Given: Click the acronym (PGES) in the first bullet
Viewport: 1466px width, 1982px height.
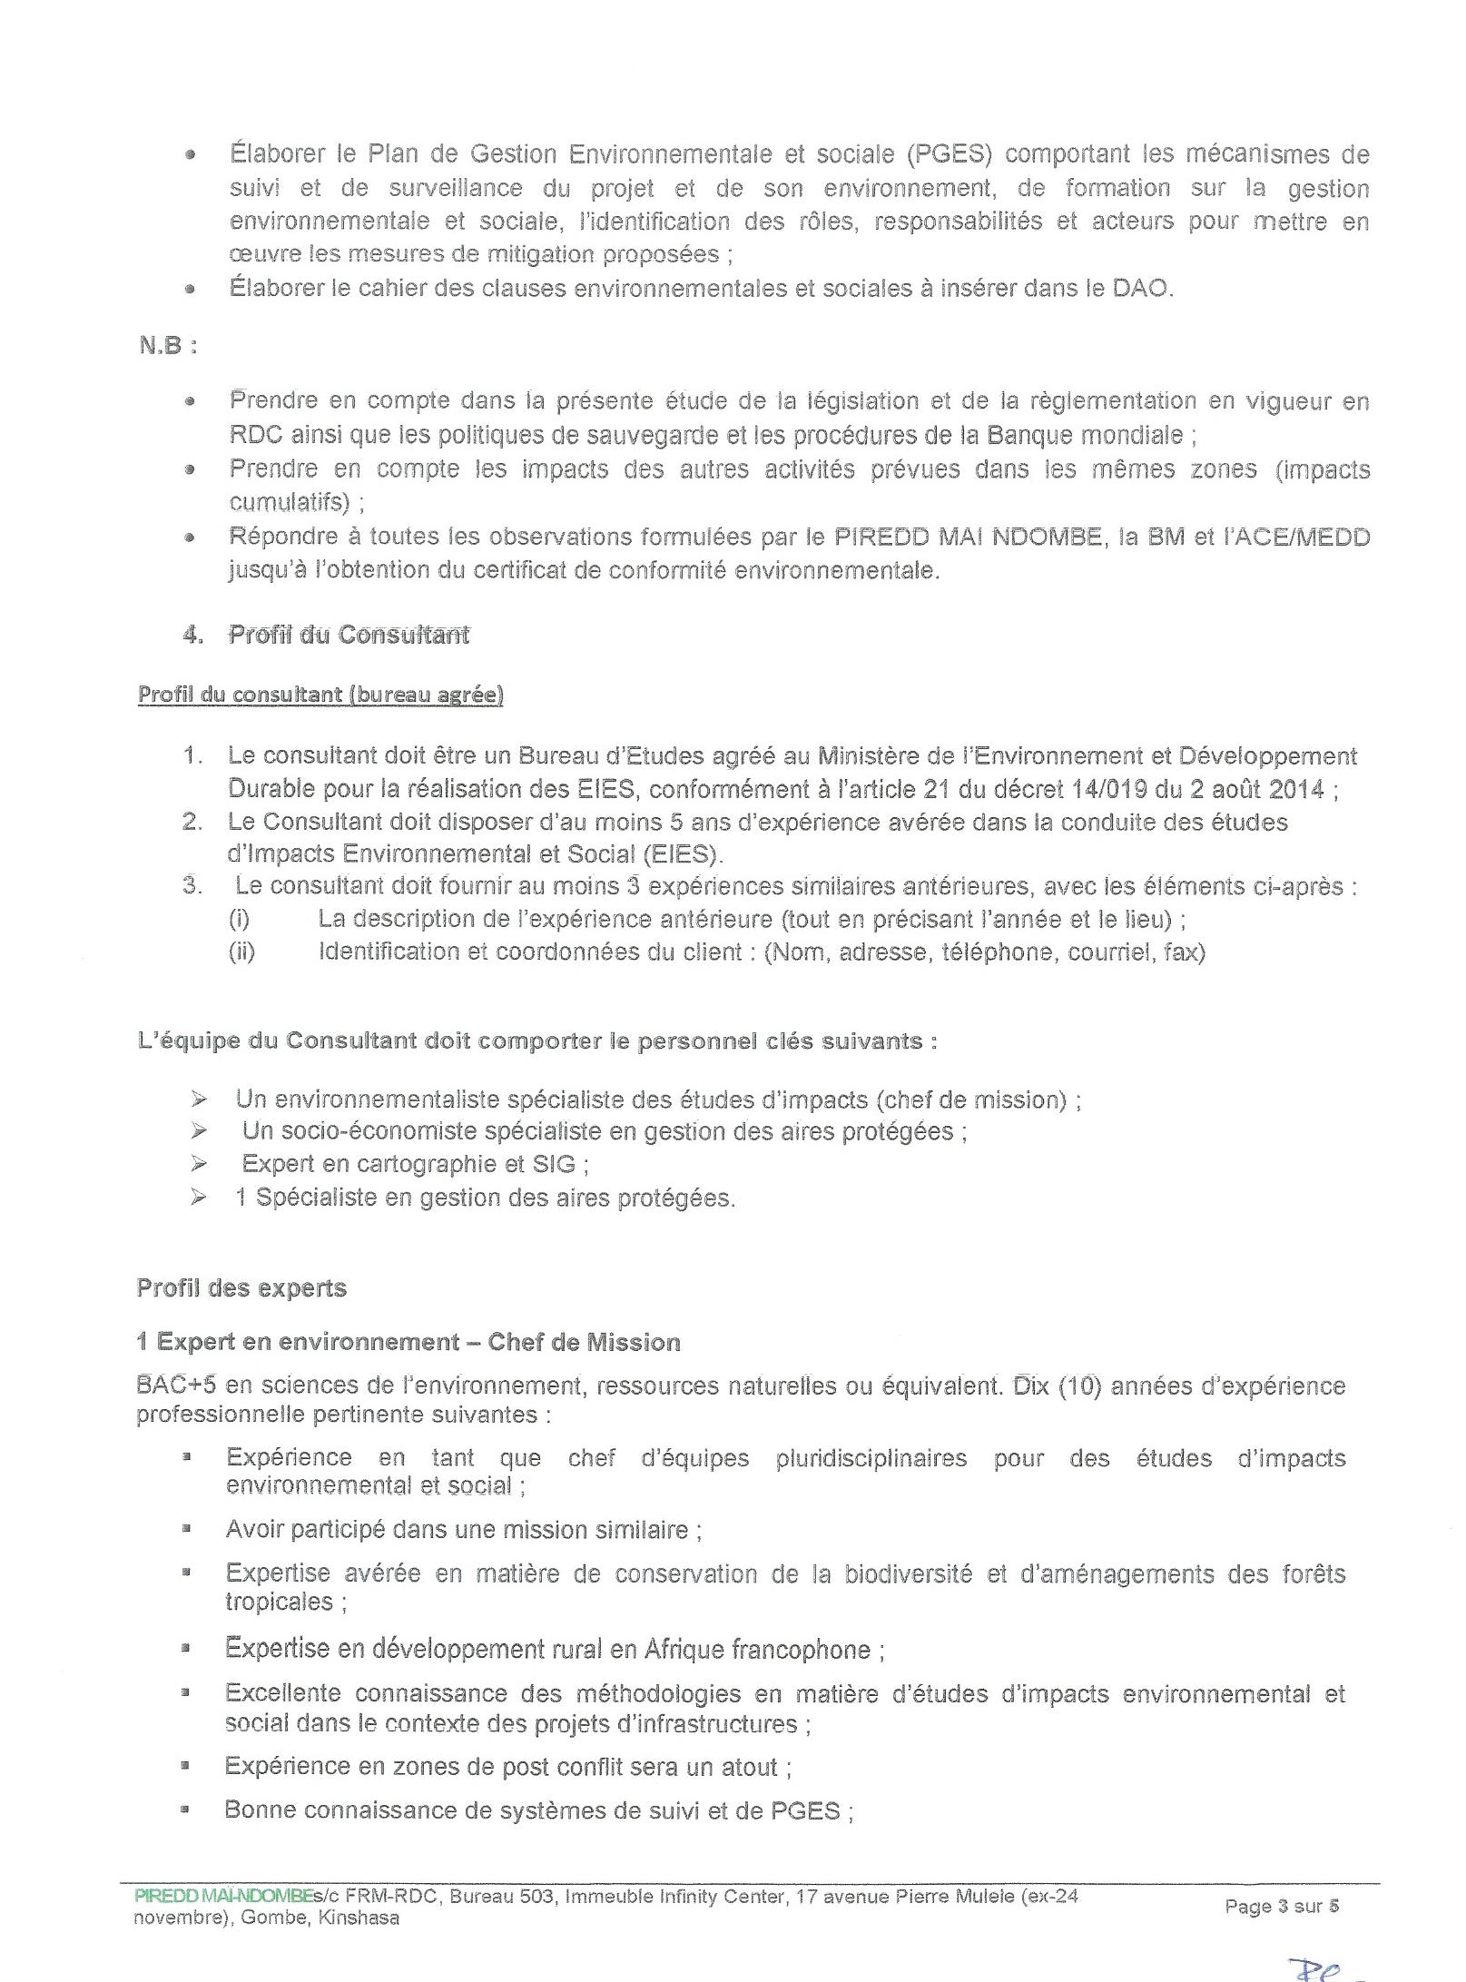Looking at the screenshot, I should [x=949, y=154].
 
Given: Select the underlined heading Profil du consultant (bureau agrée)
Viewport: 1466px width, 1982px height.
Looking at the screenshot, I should [x=320, y=695].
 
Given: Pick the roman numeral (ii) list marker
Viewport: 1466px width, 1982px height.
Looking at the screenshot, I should [x=241, y=952].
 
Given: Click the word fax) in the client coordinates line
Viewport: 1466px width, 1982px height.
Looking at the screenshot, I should [x=1184, y=952].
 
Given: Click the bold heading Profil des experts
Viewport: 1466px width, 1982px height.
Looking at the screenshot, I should [x=241, y=1287].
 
